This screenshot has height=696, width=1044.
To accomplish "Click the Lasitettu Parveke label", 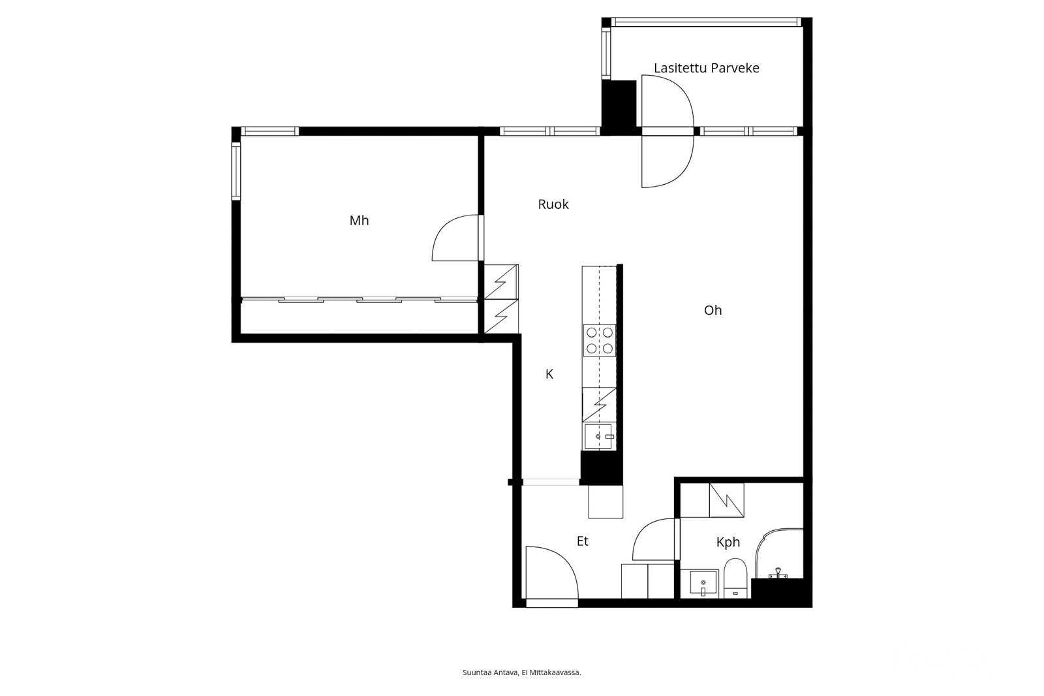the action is pyautogui.click(x=707, y=68).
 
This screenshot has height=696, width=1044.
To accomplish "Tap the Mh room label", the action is pyautogui.click(x=359, y=220).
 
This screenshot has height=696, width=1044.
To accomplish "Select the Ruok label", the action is pyautogui.click(x=553, y=204).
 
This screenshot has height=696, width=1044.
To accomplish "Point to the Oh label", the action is pyautogui.click(x=713, y=310).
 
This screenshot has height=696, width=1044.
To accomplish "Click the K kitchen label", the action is pyautogui.click(x=549, y=374).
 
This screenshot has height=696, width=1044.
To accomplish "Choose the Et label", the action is pyautogui.click(x=583, y=541).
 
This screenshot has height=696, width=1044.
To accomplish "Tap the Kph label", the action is pyautogui.click(x=728, y=542).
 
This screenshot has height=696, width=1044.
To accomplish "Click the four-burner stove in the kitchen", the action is pyautogui.click(x=600, y=341).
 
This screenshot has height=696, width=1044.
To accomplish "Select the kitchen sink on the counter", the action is pyautogui.click(x=599, y=437).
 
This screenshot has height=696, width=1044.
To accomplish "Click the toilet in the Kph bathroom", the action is pyautogui.click(x=735, y=578).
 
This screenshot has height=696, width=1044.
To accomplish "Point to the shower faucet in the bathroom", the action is pyautogui.click(x=777, y=573).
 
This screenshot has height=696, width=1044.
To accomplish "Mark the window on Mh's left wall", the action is pyautogui.click(x=236, y=171).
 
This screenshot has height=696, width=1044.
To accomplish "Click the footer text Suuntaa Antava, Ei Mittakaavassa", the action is pyautogui.click(x=522, y=672).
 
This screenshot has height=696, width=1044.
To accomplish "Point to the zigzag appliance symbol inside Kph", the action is pyautogui.click(x=727, y=500).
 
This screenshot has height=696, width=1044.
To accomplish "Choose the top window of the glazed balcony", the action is pyautogui.click(x=706, y=22).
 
